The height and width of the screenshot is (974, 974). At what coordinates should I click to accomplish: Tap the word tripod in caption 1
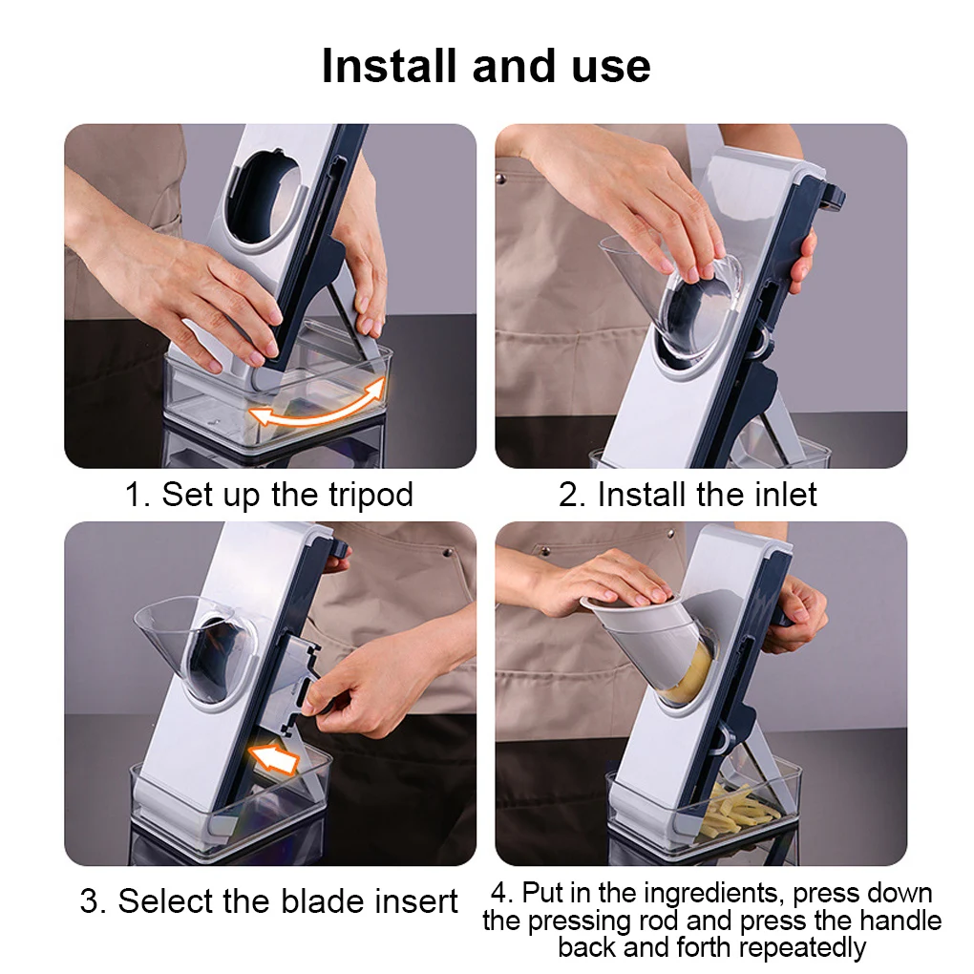click(371, 496)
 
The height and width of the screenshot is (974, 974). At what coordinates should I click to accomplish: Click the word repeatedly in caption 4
click(802, 948)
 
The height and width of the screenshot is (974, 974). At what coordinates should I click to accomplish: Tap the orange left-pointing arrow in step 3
click(274, 759)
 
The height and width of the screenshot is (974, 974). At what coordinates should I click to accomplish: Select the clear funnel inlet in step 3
click(193, 647)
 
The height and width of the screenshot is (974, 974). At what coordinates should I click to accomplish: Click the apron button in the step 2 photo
click(500, 180)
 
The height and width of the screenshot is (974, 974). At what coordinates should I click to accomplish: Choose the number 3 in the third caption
click(91, 901)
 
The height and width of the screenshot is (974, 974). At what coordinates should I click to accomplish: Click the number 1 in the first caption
click(135, 496)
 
